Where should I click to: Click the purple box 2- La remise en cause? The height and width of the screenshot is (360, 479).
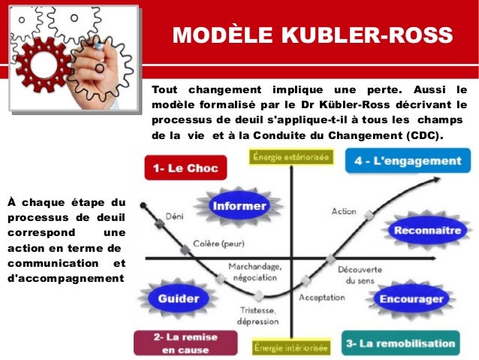click(178, 343)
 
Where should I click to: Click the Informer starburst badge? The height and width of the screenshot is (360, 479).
click(239, 205)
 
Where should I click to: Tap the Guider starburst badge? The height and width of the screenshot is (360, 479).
click(179, 298)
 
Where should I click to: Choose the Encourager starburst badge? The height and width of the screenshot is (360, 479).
click(411, 298)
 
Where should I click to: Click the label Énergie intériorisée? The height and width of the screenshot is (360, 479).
click(291, 348)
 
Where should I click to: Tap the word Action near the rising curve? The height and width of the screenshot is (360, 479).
click(344, 211)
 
